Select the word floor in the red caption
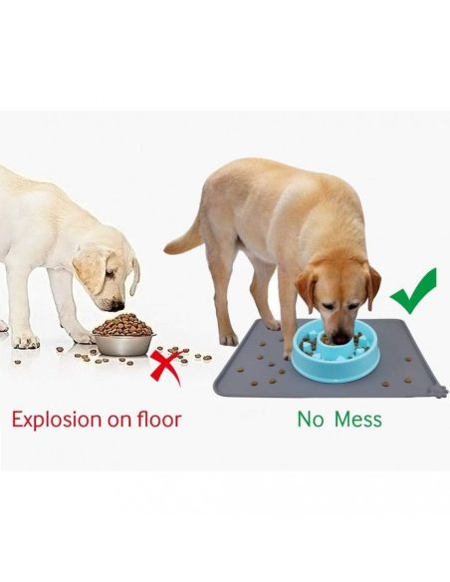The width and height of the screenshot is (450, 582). [x=159, y=419]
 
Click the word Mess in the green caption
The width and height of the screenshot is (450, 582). [x=358, y=419]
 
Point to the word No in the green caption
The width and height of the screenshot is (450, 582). [x=311, y=419]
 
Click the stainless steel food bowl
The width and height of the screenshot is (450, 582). [x=123, y=344]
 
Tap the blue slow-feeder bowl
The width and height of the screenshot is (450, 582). [x=337, y=351]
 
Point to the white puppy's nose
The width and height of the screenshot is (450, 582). [x=117, y=306]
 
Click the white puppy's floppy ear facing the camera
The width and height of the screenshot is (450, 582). [x=91, y=269]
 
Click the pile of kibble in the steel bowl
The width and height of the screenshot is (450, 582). [x=123, y=325]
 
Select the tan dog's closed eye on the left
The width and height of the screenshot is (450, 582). [x=328, y=306]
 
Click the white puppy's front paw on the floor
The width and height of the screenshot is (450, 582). [x=26, y=341]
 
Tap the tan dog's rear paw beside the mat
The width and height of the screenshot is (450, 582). [x=229, y=339]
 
